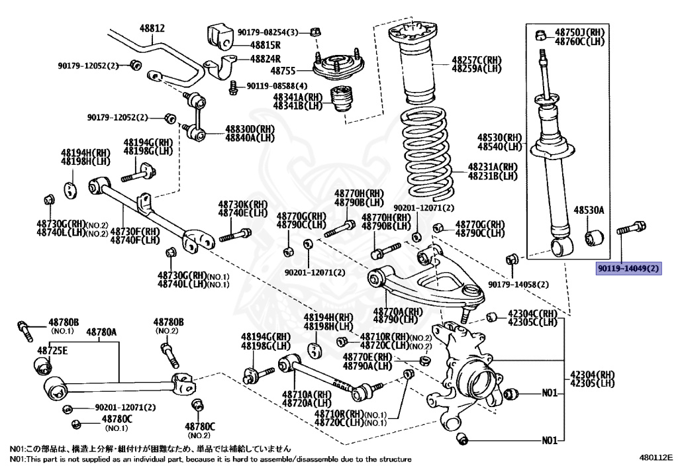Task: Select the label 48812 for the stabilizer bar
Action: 152,28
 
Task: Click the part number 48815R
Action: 265,45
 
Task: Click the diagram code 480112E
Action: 655,457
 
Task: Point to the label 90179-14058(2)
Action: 518,285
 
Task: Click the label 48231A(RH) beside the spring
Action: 493,167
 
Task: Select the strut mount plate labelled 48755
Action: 338,66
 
